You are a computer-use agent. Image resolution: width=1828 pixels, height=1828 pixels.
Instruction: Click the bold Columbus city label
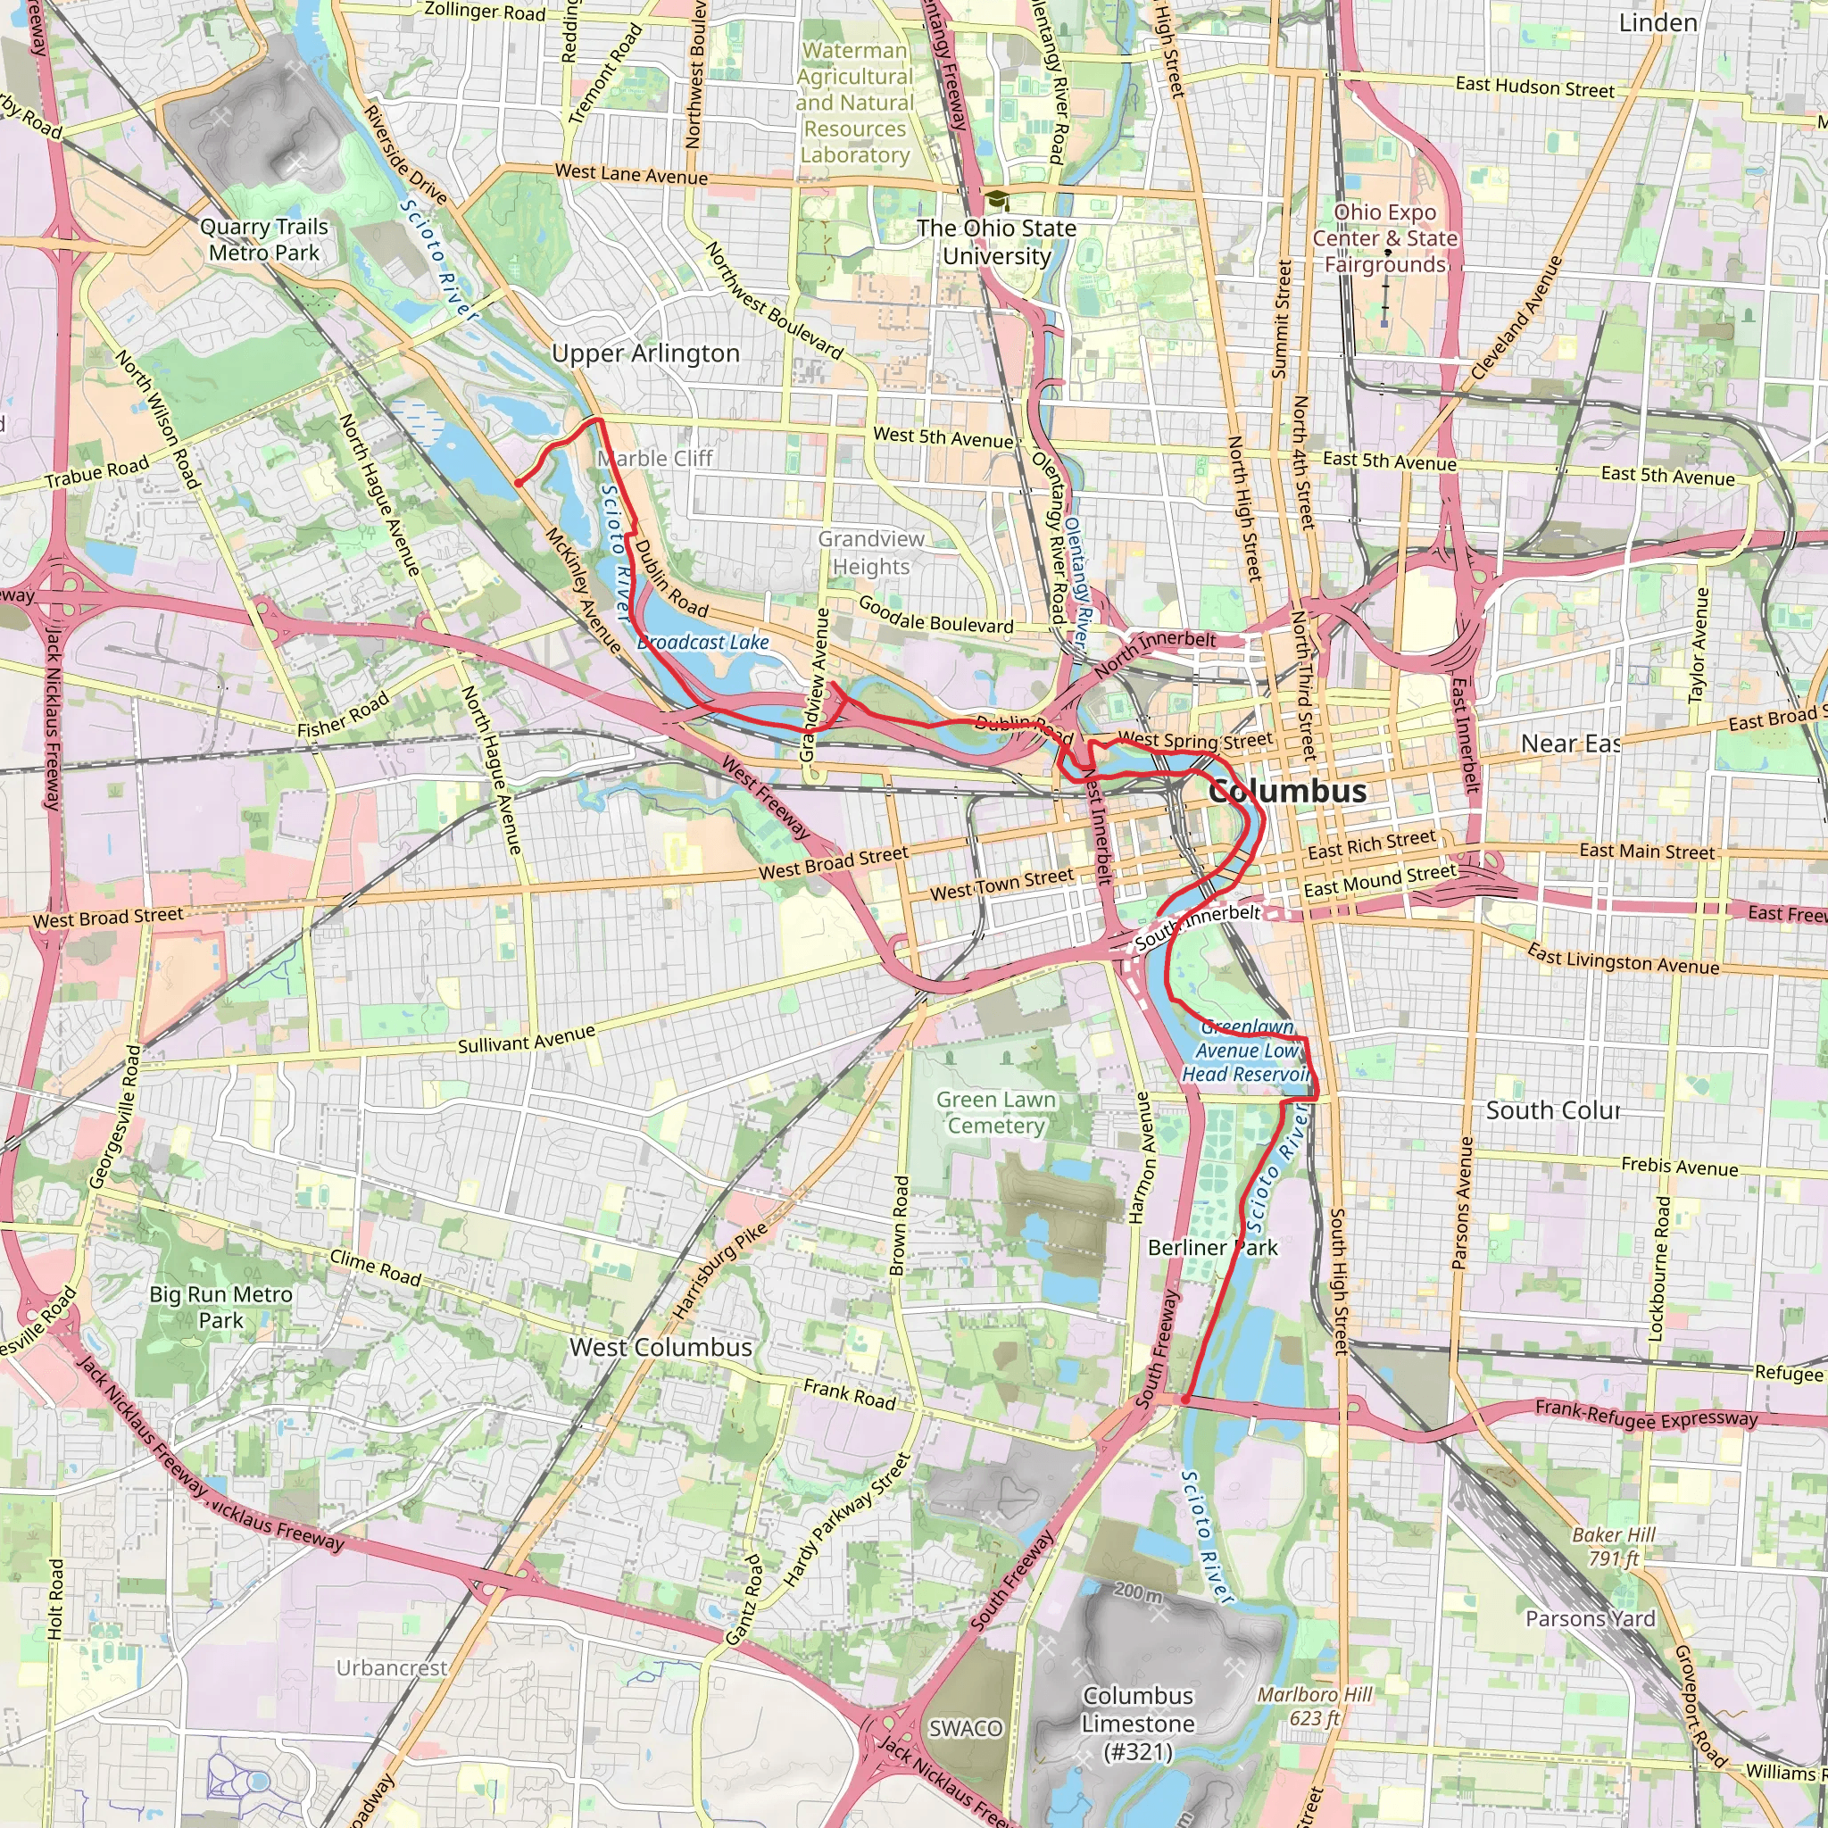tap(1287, 791)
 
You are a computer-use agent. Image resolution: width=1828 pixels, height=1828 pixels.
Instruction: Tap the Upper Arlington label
tap(645, 353)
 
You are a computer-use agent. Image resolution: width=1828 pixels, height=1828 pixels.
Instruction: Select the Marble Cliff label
tap(655, 459)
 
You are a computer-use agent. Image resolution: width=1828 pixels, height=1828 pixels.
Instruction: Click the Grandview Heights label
tap(870, 553)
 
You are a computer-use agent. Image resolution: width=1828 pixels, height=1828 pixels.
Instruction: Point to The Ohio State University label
tap(996, 242)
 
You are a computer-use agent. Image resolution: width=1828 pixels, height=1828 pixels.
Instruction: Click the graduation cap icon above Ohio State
tap(996, 200)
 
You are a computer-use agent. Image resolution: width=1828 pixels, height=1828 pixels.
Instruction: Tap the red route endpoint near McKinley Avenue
tap(519, 484)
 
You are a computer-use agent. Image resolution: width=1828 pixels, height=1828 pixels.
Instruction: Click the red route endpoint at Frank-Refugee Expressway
tap(1185, 1399)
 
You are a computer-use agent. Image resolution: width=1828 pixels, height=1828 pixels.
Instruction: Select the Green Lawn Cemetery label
tap(995, 1113)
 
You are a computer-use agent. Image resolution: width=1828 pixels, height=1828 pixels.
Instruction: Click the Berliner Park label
tap(1212, 1248)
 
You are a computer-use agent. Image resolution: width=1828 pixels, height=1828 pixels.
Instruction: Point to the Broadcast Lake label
tap(703, 643)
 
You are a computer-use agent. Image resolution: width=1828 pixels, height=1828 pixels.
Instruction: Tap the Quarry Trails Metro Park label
tap(264, 240)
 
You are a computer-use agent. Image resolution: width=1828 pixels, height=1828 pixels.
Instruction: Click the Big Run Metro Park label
tap(220, 1308)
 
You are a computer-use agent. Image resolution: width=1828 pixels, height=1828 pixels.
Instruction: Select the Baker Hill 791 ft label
tap(1614, 1546)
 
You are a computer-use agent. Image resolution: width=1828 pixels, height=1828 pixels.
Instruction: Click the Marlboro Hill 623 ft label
tap(1314, 1706)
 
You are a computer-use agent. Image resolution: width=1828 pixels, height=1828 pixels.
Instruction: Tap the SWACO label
tap(965, 1729)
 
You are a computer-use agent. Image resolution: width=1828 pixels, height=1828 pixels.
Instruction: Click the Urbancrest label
tap(392, 1668)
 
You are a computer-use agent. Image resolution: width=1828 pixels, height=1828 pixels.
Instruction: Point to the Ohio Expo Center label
tap(1385, 238)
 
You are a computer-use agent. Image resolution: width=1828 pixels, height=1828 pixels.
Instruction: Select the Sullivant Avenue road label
tap(526, 1039)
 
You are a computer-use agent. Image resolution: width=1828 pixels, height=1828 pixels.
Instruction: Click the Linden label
tap(1658, 22)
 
